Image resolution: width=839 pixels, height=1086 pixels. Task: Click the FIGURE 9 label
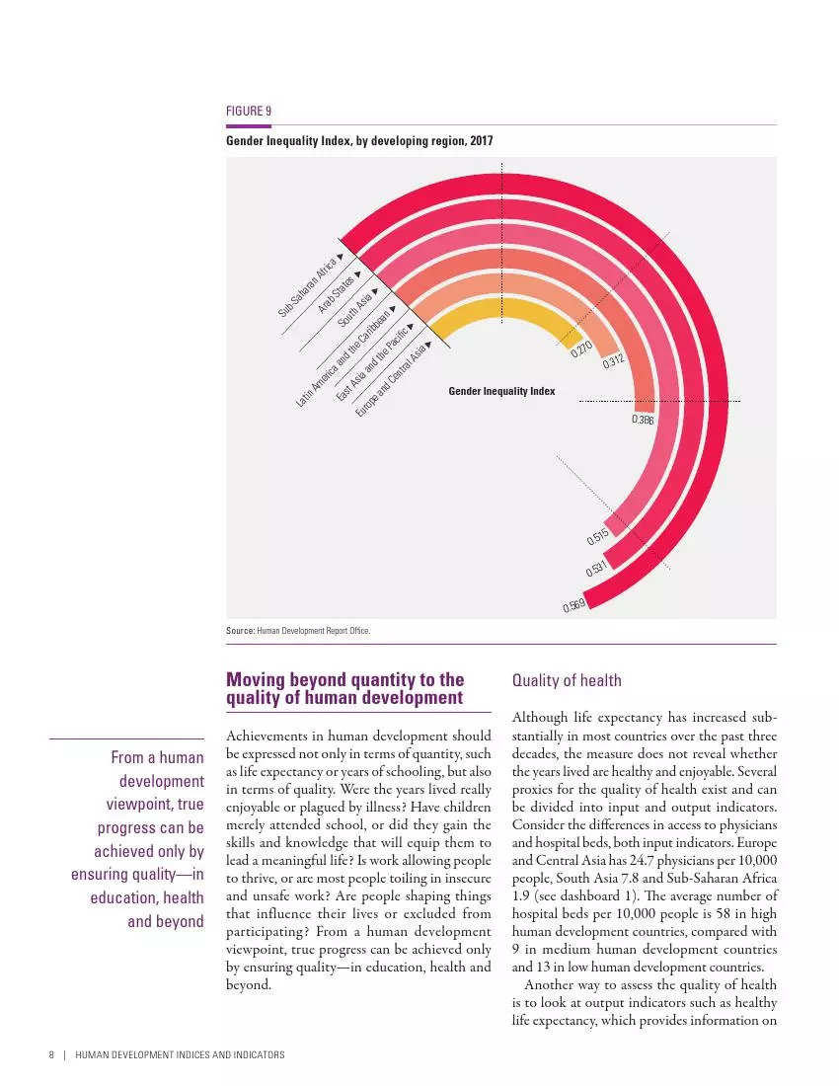(x=249, y=112)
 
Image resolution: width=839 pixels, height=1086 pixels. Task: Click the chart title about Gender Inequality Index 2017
(x=359, y=141)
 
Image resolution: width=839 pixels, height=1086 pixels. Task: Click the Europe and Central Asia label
(x=392, y=377)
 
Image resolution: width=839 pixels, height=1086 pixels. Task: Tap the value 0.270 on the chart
(x=581, y=349)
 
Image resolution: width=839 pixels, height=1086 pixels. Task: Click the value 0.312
(x=614, y=362)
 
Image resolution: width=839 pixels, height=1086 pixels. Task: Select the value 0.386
(x=643, y=421)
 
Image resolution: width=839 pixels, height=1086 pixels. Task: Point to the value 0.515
(x=596, y=537)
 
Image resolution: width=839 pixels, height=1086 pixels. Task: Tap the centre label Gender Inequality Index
(x=501, y=391)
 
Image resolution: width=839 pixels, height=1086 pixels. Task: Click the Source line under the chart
(x=298, y=630)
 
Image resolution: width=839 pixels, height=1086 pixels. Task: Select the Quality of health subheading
(x=567, y=680)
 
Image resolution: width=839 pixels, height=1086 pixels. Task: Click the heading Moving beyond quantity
(x=345, y=688)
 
